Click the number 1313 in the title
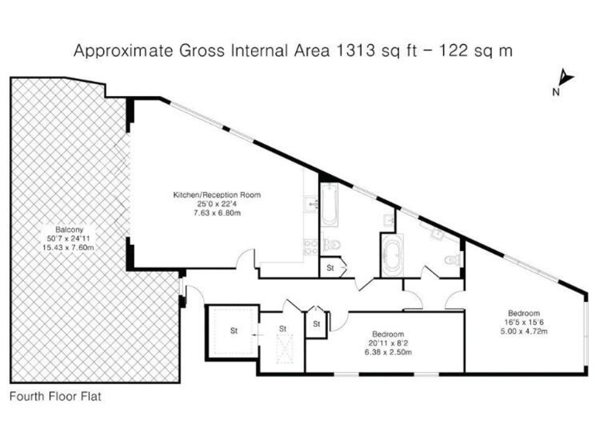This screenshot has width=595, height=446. point(353,50)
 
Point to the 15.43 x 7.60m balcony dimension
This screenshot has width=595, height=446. point(68,247)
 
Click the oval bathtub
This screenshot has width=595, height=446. point(390,257)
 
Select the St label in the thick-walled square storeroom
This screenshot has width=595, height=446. point(232,331)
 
